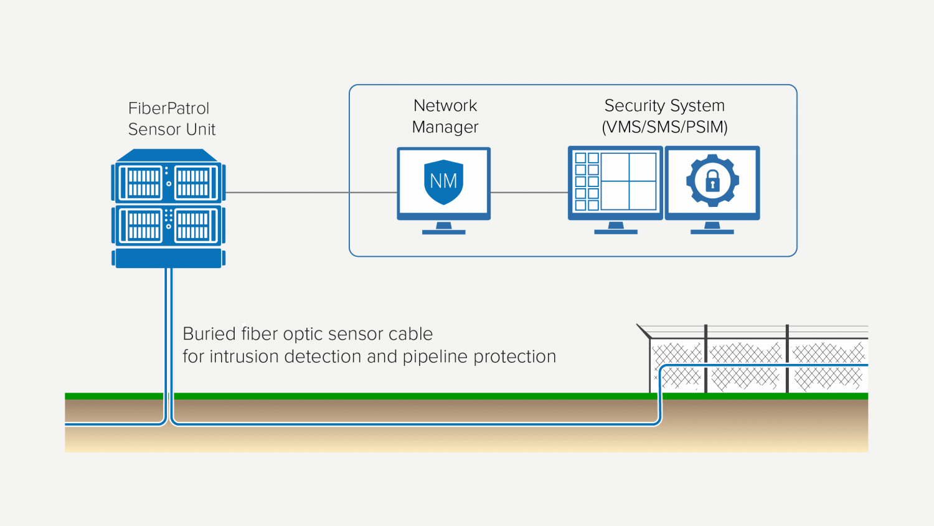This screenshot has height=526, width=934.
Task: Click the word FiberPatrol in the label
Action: [168, 108]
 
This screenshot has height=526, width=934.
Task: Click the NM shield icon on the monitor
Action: [443, 181]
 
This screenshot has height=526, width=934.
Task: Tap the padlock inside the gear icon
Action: [712, 181]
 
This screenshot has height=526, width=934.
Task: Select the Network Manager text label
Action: [445, 116]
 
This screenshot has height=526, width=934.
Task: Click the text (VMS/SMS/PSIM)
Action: [664, 127]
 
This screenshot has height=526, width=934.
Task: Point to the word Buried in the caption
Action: [209, 334]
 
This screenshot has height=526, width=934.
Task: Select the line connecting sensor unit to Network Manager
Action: [286, 193]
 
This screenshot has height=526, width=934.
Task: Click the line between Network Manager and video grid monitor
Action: [529, 193]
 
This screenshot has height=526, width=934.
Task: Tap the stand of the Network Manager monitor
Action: [443, 229]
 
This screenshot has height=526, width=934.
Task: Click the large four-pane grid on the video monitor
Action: [629, 181]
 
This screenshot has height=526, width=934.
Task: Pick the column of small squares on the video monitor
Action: [587, 181]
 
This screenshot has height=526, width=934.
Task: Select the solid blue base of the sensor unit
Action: [168, 259]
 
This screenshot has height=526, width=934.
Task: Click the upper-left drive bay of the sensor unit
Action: [143, 183]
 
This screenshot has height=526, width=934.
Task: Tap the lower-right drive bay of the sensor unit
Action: [193, 225]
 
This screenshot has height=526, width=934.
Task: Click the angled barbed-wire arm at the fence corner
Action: [644, 331]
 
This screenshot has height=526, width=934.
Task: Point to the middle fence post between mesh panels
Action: [705, 359]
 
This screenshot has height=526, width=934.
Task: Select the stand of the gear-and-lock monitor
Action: [712, 228]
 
